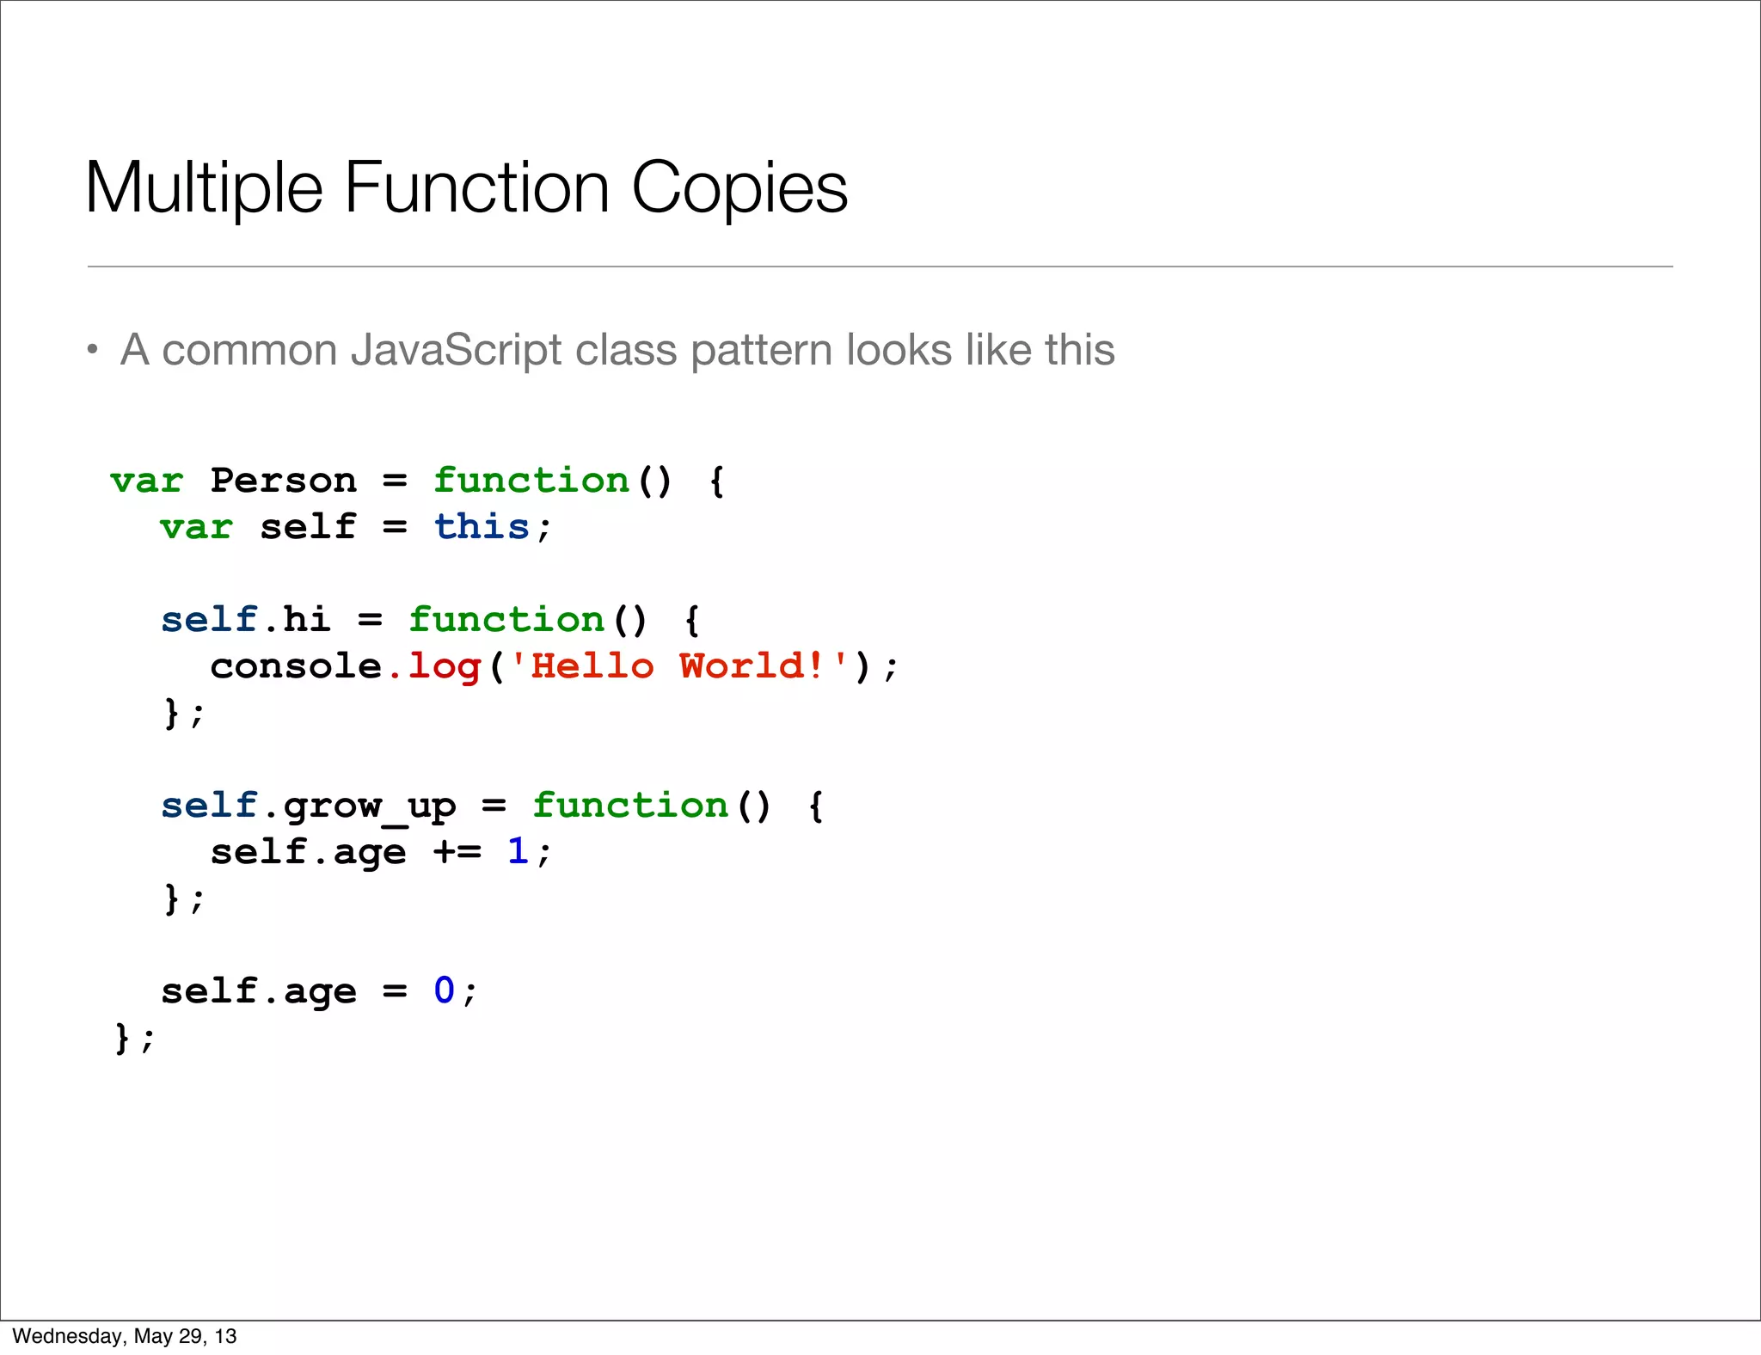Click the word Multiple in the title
205,189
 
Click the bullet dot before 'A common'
93,350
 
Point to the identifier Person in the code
283,481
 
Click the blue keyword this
482,527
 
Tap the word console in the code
296,666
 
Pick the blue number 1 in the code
517,852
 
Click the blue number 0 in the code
444,991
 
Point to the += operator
457,852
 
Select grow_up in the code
370,806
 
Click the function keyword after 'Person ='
531,481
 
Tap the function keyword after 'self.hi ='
506,620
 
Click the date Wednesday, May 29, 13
125,1336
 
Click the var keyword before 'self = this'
196,527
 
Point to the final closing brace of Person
122,1038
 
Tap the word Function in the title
477,189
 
